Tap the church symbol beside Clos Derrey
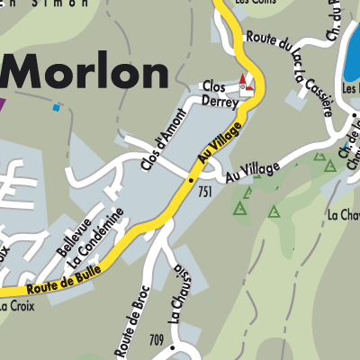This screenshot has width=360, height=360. (244, 85)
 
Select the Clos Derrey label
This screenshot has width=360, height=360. (220, 94)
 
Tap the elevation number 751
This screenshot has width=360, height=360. (206, 192)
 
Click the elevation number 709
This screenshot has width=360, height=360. (157, 340)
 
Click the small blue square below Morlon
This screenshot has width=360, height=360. (57, 107)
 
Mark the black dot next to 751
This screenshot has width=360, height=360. (191, 180)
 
